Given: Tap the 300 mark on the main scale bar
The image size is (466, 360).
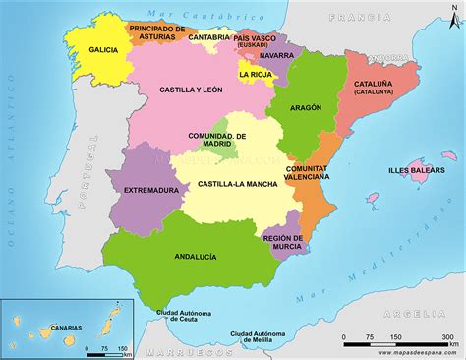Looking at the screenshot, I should coord(447,337).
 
